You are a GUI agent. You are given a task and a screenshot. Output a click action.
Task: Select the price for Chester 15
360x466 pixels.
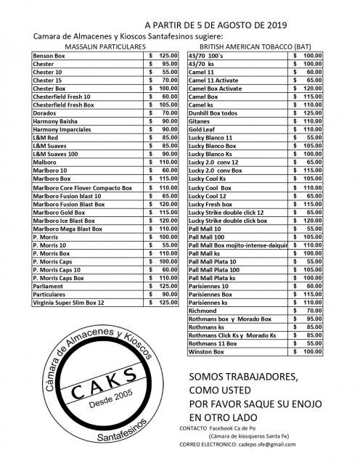click(x=162, y=80)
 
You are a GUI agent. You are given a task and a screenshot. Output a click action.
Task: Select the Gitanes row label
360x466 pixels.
click(x=200, y=121)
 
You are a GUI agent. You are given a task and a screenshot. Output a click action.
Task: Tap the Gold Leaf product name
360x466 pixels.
click(x=203, y=129)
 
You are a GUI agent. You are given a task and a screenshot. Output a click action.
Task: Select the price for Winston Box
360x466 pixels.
click(x=308, y=351)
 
